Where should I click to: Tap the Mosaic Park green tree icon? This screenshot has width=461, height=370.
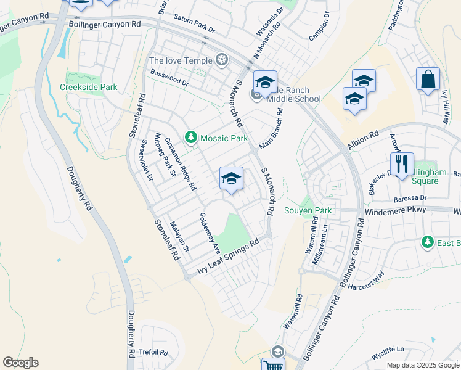coord(191,137)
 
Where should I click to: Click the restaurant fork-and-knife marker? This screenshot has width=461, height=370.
coord(401,164)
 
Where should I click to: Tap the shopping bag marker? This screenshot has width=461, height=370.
coord(428,80)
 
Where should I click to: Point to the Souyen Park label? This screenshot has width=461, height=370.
coord(308,210)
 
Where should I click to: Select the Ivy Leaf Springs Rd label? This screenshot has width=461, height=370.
coord(226,258)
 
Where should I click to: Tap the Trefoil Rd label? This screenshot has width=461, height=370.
coord(153,352)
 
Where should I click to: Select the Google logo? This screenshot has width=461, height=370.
coord(21,363)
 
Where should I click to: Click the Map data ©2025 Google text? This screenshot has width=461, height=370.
coord(422,365)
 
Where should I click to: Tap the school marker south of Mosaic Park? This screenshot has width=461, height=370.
coord(231,178)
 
